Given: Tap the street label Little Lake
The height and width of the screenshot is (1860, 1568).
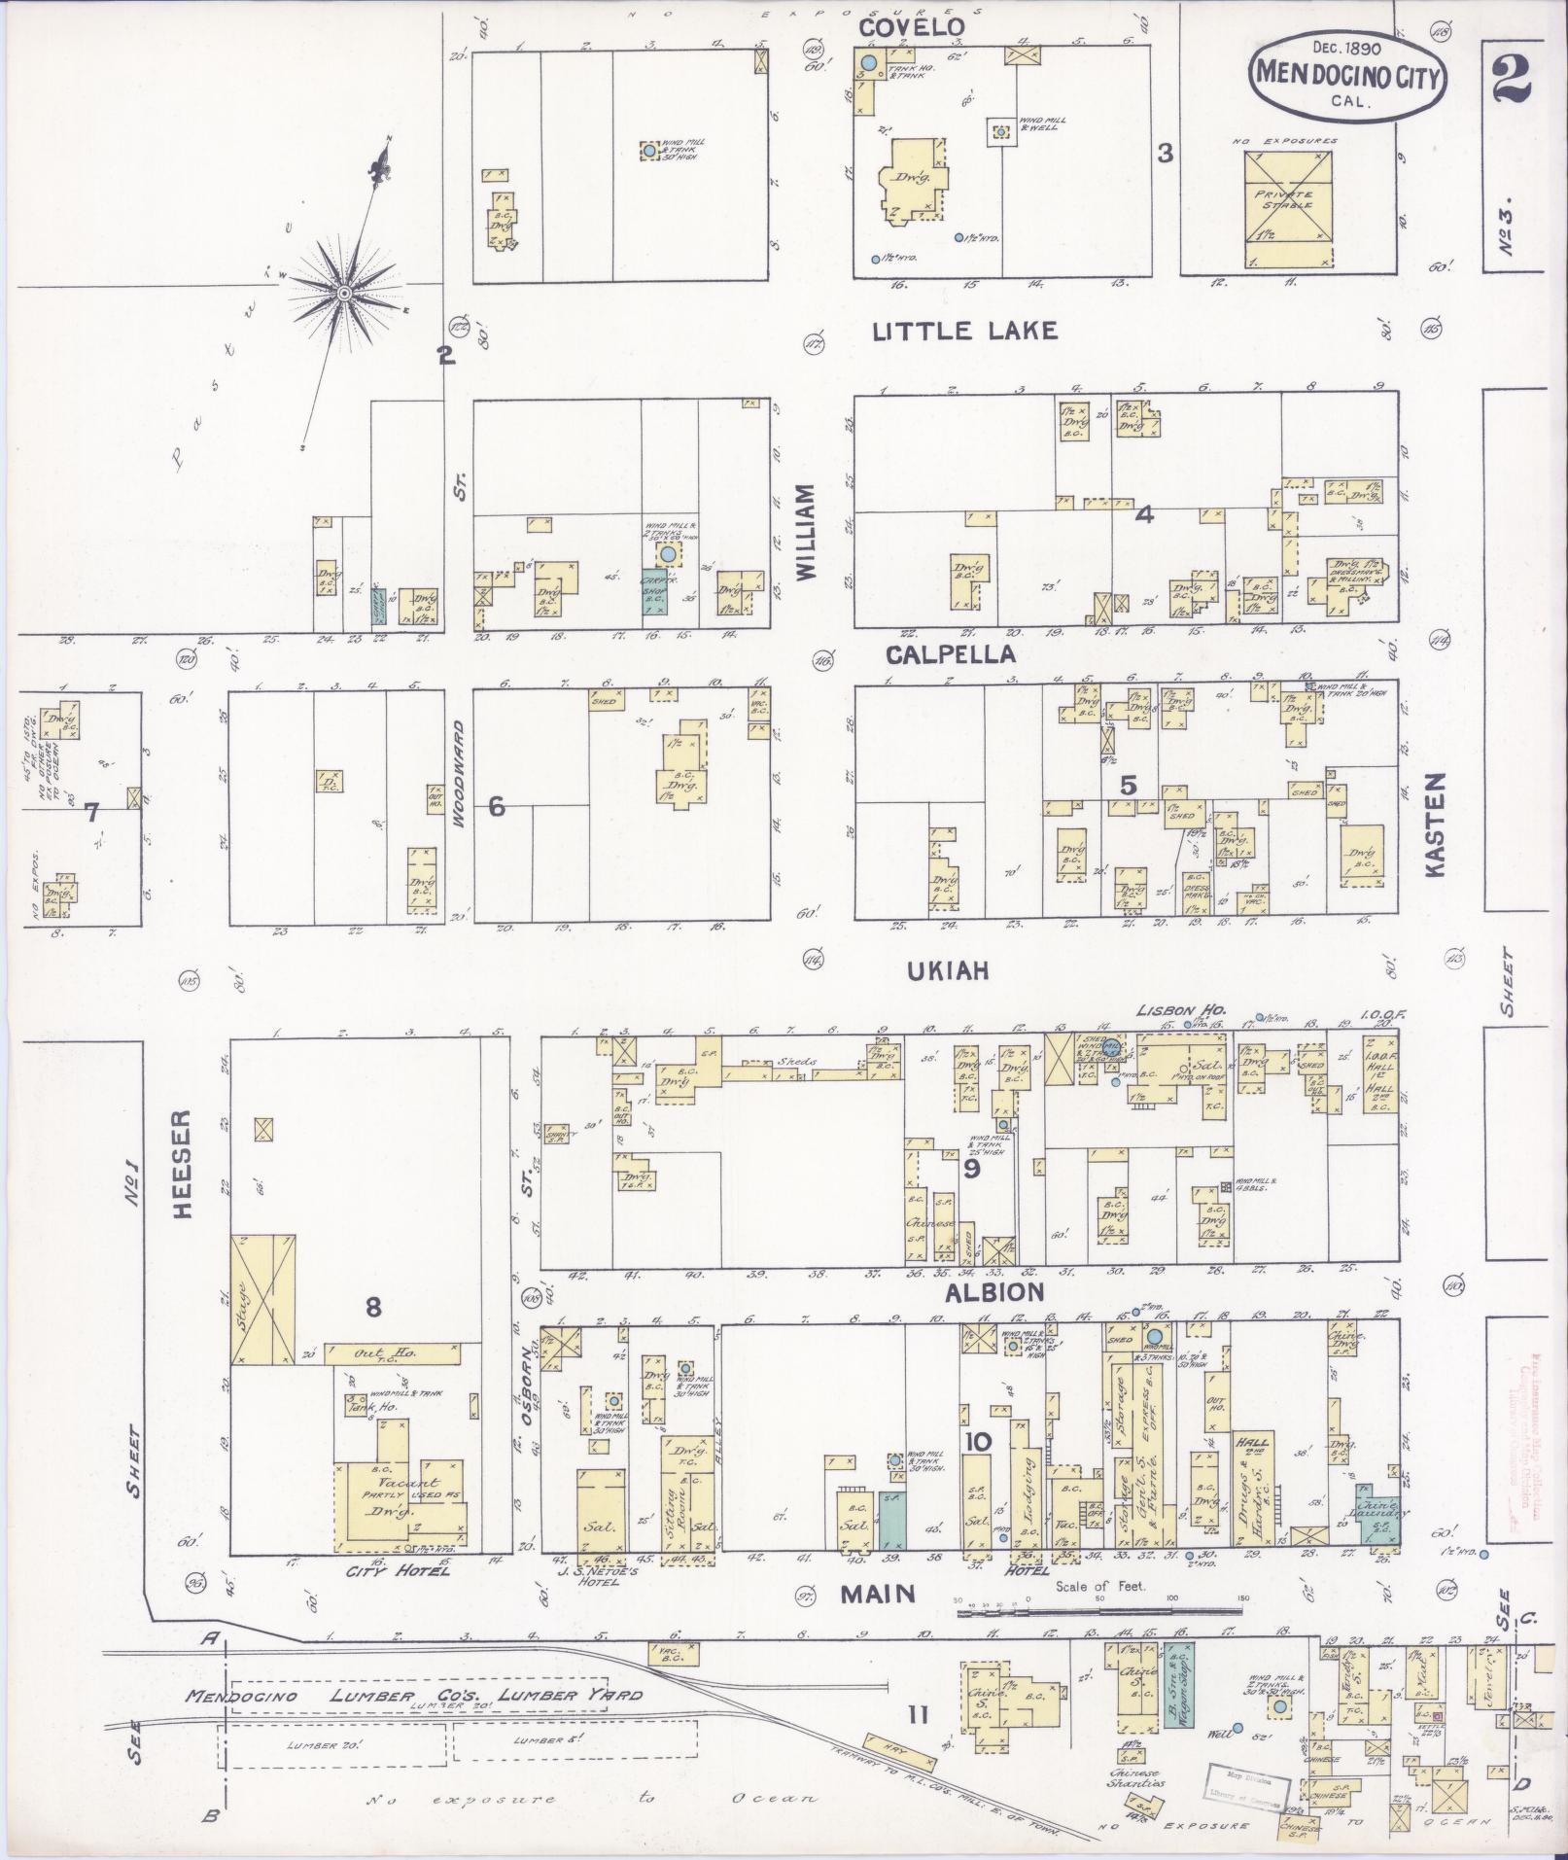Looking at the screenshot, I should (963, 332).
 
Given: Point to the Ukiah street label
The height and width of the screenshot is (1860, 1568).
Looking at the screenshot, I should (950, 970).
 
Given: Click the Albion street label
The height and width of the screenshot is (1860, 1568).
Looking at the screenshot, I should (993, 1291).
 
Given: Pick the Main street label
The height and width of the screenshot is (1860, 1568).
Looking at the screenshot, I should (879, 1593).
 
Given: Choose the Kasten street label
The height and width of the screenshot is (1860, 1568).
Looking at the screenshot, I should (1439, 826).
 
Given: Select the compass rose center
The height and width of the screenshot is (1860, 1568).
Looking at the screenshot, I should (344, 292).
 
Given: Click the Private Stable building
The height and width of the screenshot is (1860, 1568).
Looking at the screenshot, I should (1289, 209).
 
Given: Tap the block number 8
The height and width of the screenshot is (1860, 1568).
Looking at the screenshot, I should (372, 1309).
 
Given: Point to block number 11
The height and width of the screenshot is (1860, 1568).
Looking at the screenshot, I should (917, 1716).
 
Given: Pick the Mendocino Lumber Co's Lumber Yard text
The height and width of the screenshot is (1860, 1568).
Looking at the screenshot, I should (413, 1695).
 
